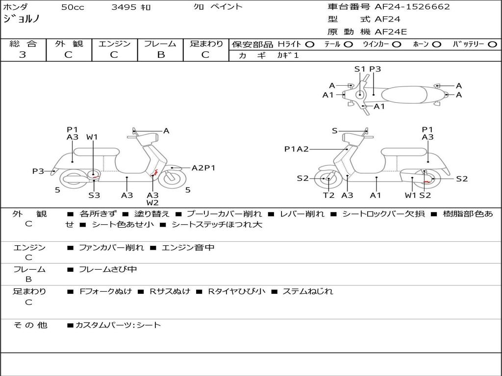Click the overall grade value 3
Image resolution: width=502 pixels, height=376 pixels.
(23, 55)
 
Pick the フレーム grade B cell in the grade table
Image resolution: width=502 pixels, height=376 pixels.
(160, 55)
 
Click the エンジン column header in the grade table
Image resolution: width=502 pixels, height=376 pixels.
(114, 44)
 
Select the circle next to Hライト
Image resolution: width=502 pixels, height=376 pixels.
(310, 45)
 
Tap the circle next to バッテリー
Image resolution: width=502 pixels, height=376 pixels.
(492, 45)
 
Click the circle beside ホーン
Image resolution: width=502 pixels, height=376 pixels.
(437, 45)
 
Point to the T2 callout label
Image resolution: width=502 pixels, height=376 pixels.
(328, 195)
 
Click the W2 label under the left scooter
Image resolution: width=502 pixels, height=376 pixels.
(152, 203)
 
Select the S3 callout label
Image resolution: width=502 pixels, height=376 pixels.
(94, 195)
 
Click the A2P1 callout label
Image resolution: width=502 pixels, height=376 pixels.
(203, 168)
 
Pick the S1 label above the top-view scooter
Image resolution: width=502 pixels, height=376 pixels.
(360, 69)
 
